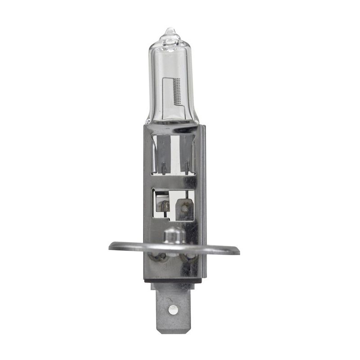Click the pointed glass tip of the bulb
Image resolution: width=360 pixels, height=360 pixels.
click(x=170, y=30)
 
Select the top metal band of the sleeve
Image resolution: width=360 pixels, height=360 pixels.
click(x=173, y=129)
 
